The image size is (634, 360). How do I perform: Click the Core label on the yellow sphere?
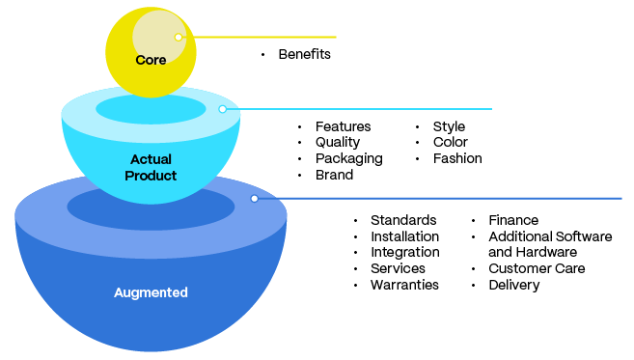[x=151, y=60]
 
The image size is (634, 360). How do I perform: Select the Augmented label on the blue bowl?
[x=151, y=291]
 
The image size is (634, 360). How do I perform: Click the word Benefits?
[x=304, y=54]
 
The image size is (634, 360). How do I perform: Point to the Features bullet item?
[x=343, y=126]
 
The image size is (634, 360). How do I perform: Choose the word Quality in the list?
[x=338, y=143]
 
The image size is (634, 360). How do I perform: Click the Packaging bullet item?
[x=348, y=158]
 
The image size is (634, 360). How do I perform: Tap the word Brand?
[x=334, y=175]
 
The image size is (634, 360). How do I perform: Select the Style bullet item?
[x=449, y=126]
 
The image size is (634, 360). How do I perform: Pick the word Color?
[x=450, y=143]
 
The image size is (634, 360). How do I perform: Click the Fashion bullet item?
[x=457, y=158]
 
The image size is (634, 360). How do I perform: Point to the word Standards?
[x=402, y=220]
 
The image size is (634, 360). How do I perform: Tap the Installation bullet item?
[x=404, y=236]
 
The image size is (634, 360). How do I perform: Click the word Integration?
[x=404, y=252]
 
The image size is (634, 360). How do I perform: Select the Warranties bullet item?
[x=404, y=285]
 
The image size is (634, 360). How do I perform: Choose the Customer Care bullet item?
[x=537, y=268]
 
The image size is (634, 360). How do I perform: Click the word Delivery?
[x=513, y=285]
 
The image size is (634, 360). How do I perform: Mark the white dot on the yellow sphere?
[x=179, y=37]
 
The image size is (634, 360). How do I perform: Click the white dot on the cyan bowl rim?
[x=222, y=109]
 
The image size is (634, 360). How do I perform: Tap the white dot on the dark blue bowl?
[x=254, y=198]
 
